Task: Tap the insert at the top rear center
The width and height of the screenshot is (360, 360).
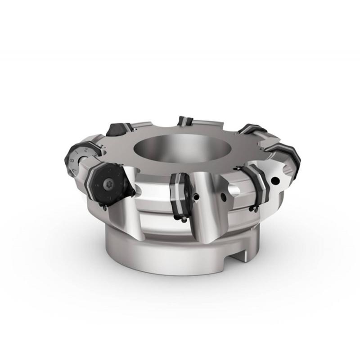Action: pyautogui.click(x=184, y=121)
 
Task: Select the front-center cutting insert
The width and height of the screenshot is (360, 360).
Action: pyautogui.click(x=180, y=193)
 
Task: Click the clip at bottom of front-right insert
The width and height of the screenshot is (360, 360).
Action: pyautogui.click(x=256, y=209)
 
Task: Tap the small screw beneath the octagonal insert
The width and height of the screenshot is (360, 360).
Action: pyautogui.click(x=104, y=207)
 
